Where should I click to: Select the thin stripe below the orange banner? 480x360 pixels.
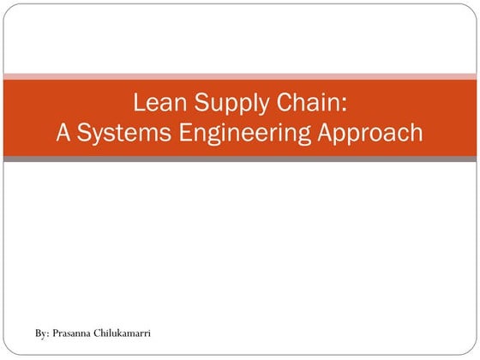point(240,159)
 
